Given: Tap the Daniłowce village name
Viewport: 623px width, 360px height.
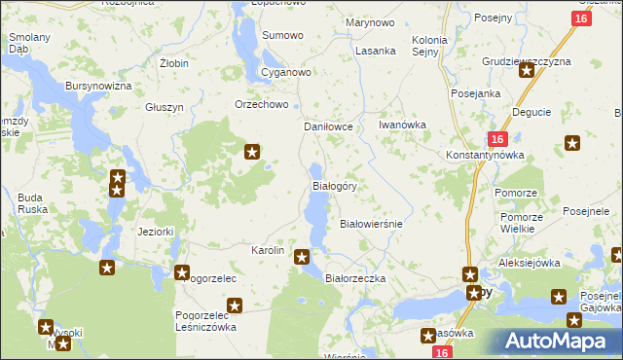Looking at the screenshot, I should coord(334,126).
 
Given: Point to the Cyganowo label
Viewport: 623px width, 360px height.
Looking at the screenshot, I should coord(285,73).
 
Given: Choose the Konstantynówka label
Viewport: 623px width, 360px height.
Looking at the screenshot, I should coord(485,156).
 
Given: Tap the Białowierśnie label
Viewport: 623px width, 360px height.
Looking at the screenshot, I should coord(370,223).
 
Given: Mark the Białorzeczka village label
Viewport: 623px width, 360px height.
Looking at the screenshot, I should coord(355,278).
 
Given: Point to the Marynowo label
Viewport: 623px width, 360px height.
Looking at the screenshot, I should coord(370,21).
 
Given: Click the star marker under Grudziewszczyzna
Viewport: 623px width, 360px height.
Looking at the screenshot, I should coord(527,70).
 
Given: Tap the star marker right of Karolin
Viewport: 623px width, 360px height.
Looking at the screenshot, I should coord(302,257).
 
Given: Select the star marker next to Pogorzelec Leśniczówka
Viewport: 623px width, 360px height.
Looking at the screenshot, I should coord(233,305).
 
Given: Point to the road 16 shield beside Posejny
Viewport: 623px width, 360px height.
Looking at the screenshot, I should coord(581,18).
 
